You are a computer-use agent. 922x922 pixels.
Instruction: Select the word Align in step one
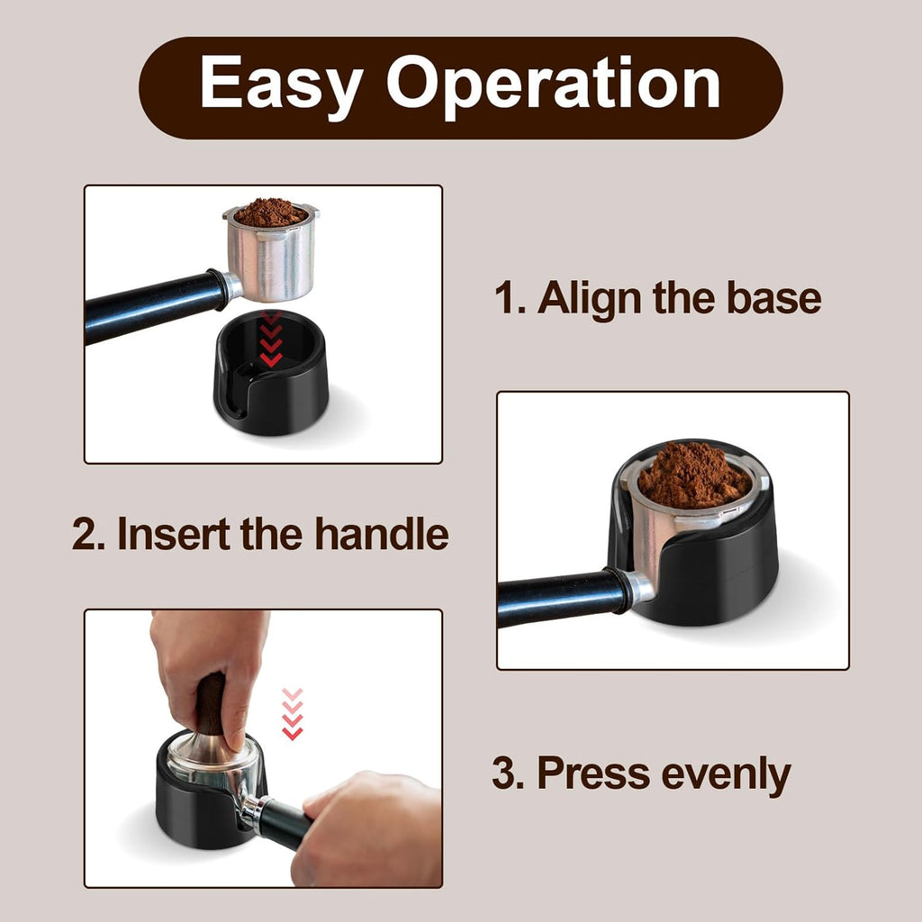click(x=591, y=299)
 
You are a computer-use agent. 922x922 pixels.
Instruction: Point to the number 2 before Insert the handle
click(x=86, y=534)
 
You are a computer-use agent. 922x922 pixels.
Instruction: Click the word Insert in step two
click(x=173, y=534)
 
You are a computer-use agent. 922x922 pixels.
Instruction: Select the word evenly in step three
click(x=726, y=773)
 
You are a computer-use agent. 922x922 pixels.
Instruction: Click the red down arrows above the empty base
click(x=270, y=340)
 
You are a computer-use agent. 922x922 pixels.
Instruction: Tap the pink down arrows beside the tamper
click(x=292, y=714)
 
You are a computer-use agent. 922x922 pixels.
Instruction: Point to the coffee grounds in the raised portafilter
click(x=270, y=212)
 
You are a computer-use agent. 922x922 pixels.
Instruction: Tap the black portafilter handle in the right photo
click(x=554, y=598)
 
